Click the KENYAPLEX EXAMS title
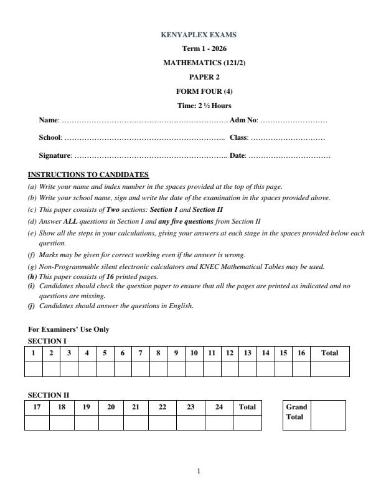pyautogui.click(x=199, y=35)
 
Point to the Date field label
pyautogui.click(x=237, y=155)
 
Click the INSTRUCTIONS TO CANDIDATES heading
pyautogui.click(x=88, y=175)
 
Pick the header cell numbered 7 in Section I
pyautogui.click(x=141, y=353)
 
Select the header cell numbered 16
pyautogui.click(x=301, y=353)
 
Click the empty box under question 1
pyautogui.click(x=33, y=369)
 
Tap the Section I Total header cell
pyautogui.click(x=329, y=353)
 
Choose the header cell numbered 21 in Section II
pyautogui.click(x=135, y=407)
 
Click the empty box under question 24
pyautogui.click(x=219, y=422)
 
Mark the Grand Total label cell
pyautogui.click(x=296, y=412)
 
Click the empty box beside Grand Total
pyautogui.click(x=328, y=415)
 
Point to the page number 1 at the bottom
pyautogui.click(x=199, y=471)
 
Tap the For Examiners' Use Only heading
pyautogui.click(x=68, y=329)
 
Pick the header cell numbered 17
pyautogui.click(x=37, y=407)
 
